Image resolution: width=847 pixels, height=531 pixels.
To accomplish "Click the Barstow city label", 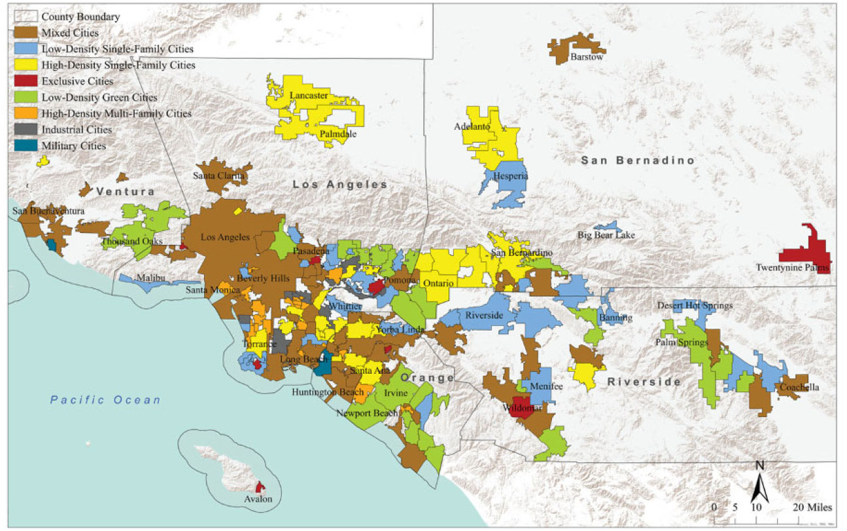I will point(587,57).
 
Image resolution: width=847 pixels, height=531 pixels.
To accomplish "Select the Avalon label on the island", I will point(259,500).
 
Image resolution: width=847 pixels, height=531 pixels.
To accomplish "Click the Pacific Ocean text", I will point(105,400).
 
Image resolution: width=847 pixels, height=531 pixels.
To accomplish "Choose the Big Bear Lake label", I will point(606,235).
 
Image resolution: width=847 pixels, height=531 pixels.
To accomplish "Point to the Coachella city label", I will point(799,387).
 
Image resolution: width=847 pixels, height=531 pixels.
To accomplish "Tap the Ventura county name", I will point(125,192).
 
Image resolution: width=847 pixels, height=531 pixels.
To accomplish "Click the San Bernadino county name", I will point(638,160).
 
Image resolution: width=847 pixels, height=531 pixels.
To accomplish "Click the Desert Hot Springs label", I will point(695,306).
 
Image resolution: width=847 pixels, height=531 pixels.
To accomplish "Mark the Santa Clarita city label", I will point(218,175).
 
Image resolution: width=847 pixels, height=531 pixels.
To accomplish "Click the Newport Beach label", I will point(366,413).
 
